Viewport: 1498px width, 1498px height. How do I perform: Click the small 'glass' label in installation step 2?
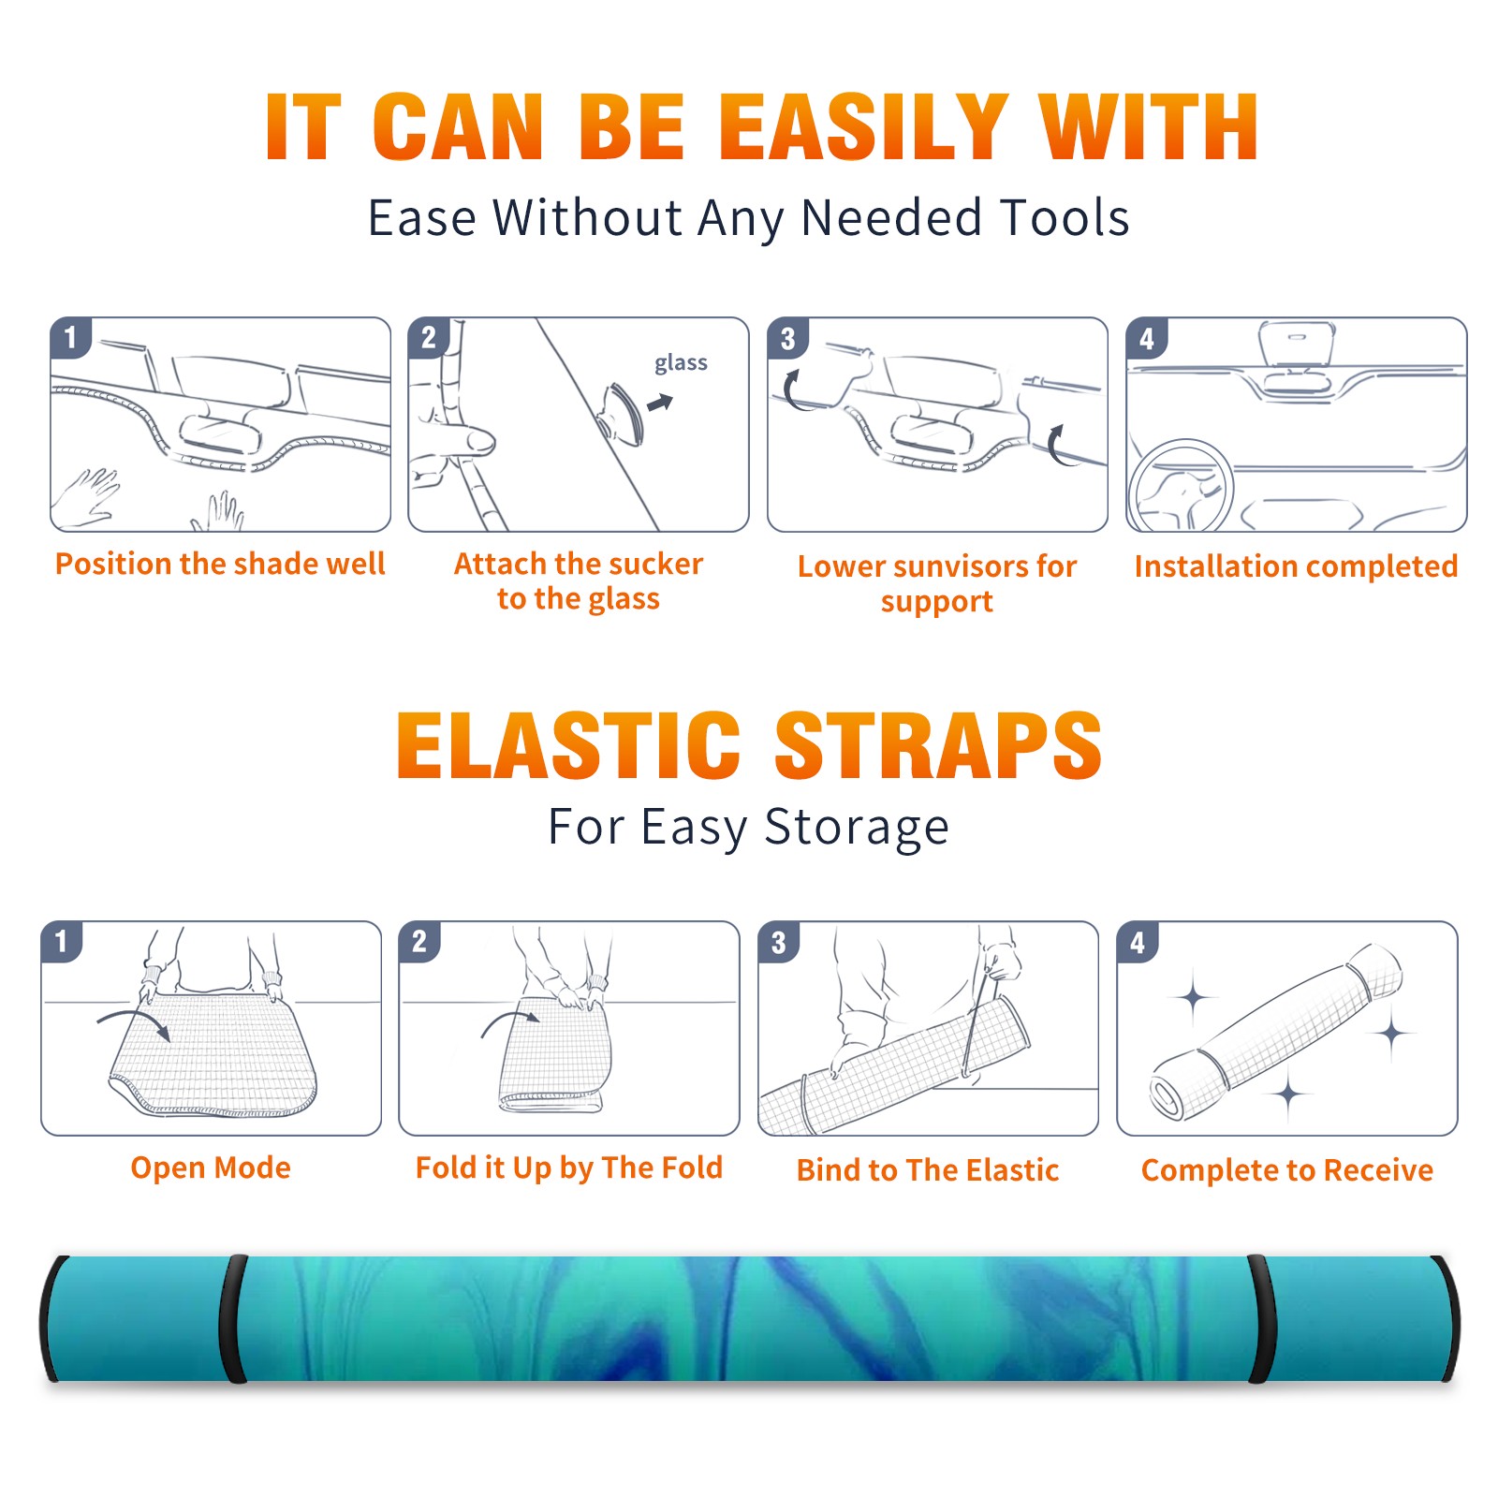click(681, 363)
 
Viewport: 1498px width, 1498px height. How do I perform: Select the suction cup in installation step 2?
click(622, 412)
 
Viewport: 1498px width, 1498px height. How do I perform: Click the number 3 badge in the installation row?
click(787, 338)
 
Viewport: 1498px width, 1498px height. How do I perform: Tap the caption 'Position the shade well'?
click(220, 564)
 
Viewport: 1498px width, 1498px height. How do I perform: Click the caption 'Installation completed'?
click(1296, 565)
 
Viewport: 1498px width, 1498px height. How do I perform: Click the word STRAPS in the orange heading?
click(938, 745)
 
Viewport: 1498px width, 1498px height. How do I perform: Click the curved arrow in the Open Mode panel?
click(134, 1022)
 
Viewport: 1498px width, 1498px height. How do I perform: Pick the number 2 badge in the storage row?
click(419, 941)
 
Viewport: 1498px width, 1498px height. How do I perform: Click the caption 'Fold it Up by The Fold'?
click(569, 1168)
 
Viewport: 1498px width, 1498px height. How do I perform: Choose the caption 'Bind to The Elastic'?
click(928, 1169)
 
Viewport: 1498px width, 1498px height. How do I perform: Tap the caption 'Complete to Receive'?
click(1287, 1169)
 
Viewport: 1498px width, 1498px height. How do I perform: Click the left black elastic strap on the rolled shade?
click(232, 1318)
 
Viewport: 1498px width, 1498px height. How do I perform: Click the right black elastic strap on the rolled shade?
click(1260, 1318)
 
